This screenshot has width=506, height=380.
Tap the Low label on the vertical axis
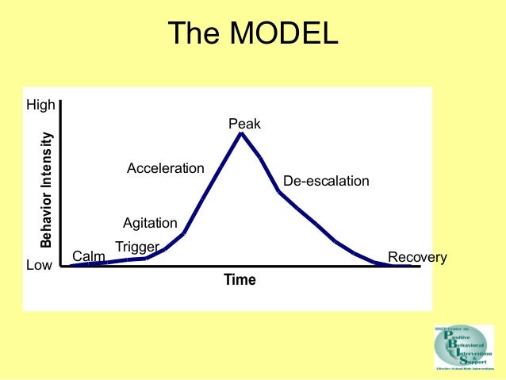click(39, 266)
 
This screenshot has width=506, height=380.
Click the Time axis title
click(240, 280)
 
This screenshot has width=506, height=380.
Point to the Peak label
click(244, 124)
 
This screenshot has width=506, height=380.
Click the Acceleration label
click(166, 168)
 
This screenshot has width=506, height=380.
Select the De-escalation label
click(326, 181)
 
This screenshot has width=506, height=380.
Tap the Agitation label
click(150, 223)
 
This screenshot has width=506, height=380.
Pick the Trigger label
click(137, 247)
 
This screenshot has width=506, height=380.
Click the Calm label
click(89, 256)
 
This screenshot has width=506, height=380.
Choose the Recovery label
click(417, 257)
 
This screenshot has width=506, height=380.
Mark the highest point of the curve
click(241, 133)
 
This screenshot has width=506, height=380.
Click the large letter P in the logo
click(448, 336)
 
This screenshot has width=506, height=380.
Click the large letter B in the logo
click(452, 344)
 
